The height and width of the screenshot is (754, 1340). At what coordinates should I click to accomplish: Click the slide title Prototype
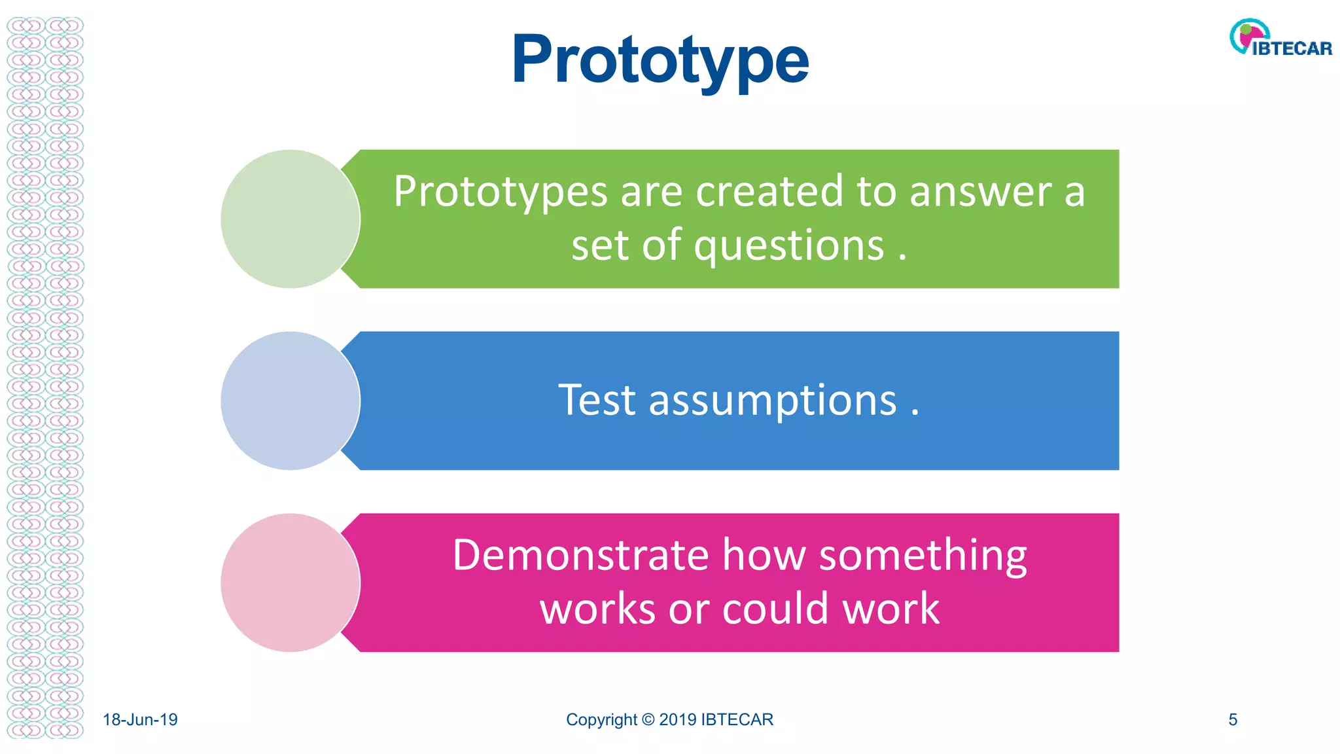point(660,60)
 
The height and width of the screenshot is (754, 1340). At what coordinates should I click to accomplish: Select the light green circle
point(290,219)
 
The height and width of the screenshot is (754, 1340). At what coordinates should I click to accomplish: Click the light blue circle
point(290,401)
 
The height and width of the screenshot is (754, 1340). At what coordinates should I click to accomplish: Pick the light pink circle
point(290,583)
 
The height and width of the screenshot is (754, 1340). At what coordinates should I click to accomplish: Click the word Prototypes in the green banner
point(501,192)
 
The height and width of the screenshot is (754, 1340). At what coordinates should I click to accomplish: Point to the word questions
point(788,246)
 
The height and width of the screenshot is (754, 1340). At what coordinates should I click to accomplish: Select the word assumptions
point(772,401)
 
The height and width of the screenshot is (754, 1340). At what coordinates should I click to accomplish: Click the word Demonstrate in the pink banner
point(580,556)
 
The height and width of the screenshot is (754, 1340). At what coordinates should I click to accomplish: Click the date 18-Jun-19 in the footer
point(140,720)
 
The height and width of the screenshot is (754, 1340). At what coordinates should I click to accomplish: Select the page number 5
point(1233,720)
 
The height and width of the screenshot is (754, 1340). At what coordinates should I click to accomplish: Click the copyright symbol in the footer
point(648,720)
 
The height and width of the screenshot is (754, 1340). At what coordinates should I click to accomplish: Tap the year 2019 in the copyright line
point(677,720)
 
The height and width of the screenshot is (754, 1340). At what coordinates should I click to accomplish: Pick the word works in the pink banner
point(597,609)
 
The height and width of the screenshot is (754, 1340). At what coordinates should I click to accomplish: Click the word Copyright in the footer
point(601,720)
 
